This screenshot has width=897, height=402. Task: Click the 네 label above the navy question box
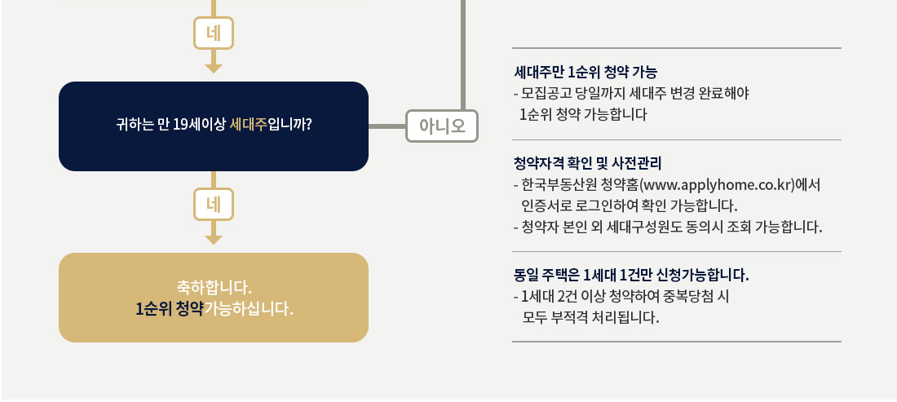click(214, 33)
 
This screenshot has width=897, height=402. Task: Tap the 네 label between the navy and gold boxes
click(214, 205)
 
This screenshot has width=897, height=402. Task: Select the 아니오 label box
click(441, 126)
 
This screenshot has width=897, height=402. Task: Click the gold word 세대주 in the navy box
click(249, 126)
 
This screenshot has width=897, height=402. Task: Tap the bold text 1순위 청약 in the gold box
click(169, 310)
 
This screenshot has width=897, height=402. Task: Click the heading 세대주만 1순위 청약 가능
click(585, 73)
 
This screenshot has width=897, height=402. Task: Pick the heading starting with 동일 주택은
click(631, 274)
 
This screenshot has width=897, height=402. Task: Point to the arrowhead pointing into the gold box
click(214, 240)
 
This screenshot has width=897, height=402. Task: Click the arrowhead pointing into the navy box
click(214, 68)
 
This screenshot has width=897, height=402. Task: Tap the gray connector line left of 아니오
click(387, 126)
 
